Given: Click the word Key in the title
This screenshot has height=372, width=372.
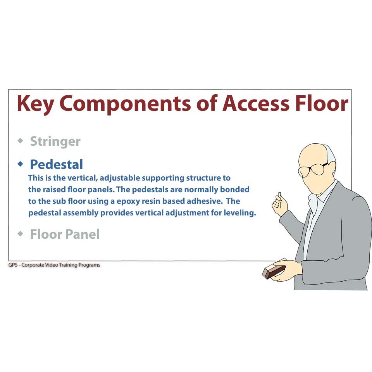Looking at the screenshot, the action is pos(35,104).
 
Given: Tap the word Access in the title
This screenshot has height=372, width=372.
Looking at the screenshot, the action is pos(256,103).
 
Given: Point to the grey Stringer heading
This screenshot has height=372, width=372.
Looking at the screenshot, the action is pos(55,142).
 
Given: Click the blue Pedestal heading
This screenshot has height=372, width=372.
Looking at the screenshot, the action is pos(57,164).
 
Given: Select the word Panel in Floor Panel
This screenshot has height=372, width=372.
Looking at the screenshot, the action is pos(82,234).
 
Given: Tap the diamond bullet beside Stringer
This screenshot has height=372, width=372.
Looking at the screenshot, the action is pos(21,140).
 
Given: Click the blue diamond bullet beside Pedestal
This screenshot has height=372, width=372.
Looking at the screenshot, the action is pos(21,164).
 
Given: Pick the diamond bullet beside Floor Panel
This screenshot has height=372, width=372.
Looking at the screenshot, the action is pos(21,234).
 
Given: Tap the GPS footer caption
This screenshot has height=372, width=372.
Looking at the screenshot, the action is pos(54,265).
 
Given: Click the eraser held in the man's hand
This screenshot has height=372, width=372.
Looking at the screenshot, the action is pos(274,272).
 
